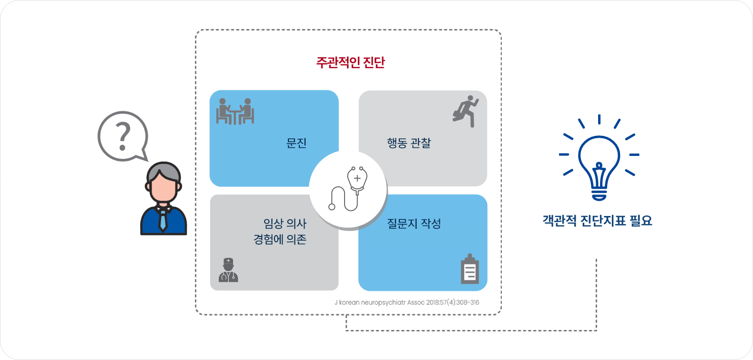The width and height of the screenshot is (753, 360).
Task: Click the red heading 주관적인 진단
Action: pyautogui.click(x=350, y=62)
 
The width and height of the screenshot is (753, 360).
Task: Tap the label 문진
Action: pyautogui.click(x=296, y=143)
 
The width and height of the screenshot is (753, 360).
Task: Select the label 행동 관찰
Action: pyautogui.click(x=409, y=143)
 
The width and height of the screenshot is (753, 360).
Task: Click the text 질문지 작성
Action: pyautogui.click(x=414, y=224)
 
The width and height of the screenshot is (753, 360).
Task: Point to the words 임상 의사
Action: pyautogui.click(x=285, y=224)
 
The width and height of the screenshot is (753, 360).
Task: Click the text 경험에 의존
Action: pyautogui.click(x=280, y=239)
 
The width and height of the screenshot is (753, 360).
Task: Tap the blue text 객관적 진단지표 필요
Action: pyautogui.click(x=597, y=221)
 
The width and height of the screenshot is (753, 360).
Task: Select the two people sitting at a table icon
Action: pyautogui.click(x=235, y=112)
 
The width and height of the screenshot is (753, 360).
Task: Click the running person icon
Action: pyautogui.click(x=466, y=111)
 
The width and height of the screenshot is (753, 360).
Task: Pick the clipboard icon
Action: pyautogui.click(x=469, y=269)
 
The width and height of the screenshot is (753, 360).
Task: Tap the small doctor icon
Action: pyautogui.click(x=228, y=270)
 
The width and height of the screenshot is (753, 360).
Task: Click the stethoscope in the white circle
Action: pyautogui.click(x=348, y=188)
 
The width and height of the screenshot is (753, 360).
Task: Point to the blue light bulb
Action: pyautogui.click(x=599, y=168)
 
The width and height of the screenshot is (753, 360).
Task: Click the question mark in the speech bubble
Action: pyautogui.click(x=123, y=136)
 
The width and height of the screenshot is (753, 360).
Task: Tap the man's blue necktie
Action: pyautogui.click(x=163, y=220)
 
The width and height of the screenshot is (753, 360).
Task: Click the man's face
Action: pyautogui.click(x=164, y=188)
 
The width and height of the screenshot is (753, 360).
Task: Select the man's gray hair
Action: pyautogui.click(x=164, y=172)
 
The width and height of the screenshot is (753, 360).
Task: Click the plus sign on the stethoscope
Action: pyautogui.click(x=357, y=178)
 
